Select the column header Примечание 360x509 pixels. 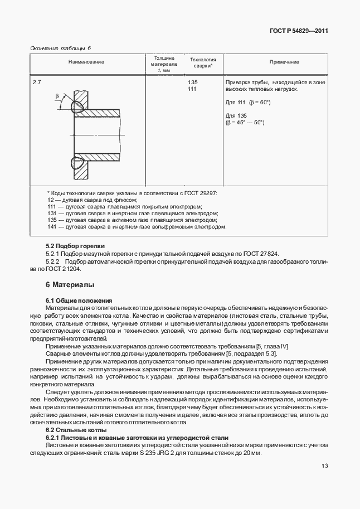point(284,62)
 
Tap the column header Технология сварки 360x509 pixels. point(202,62)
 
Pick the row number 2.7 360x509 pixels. point(37,83)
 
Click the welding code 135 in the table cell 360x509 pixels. point(193,83)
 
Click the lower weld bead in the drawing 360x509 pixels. point(77,163)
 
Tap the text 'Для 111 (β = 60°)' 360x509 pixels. point(248,103)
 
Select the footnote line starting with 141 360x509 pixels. point(137,227)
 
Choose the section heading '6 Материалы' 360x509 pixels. point(70,285)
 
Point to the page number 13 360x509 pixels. point(324,467)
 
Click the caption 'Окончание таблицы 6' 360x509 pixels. point(60,48)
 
